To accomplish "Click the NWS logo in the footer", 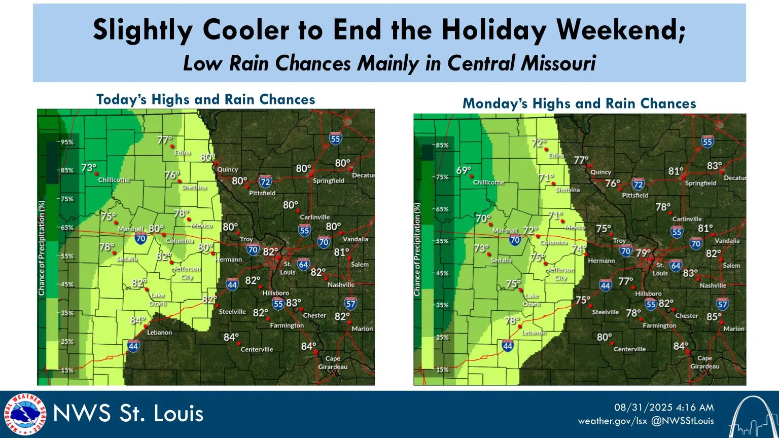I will pyautogui.click(x=25, y=414).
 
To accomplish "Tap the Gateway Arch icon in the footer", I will pyautogui.click(x=753, y=417).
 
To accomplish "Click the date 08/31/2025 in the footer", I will pyautogui.click(x=643, y=408).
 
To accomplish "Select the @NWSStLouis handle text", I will pyautogui.click(x=682, y=421).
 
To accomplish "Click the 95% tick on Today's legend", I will pyautogui.click(x=67, y=142).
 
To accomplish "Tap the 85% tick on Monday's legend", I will pyautogui.click(x=442, y=145).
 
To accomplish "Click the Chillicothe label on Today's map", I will pyautogui.click(x=114, y=180).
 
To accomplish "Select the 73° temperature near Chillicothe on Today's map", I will pyautogui.click(x=89, y=168).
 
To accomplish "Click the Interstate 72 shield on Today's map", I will pyautogui.click(x=265, y=181).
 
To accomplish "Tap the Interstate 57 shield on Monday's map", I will pyautogui.click(x=722, y=304).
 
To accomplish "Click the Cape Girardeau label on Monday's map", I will pyautogui.click(x=704, y=362).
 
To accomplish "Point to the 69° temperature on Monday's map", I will pyautogui.click(x=464, y=171).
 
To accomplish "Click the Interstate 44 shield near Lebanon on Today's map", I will pyautogui.click(x=133, y=347).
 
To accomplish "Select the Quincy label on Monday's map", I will pyautogui.click(x=600, y=172).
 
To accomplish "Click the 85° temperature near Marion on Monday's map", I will pyautogui.click(x=714, y=317).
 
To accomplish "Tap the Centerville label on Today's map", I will pyautogui.click(x=257, y=349).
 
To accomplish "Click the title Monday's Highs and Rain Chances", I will pyautogui.click(x=579, y=104).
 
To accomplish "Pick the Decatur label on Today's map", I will pyautogui.click(x=363, y=175).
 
